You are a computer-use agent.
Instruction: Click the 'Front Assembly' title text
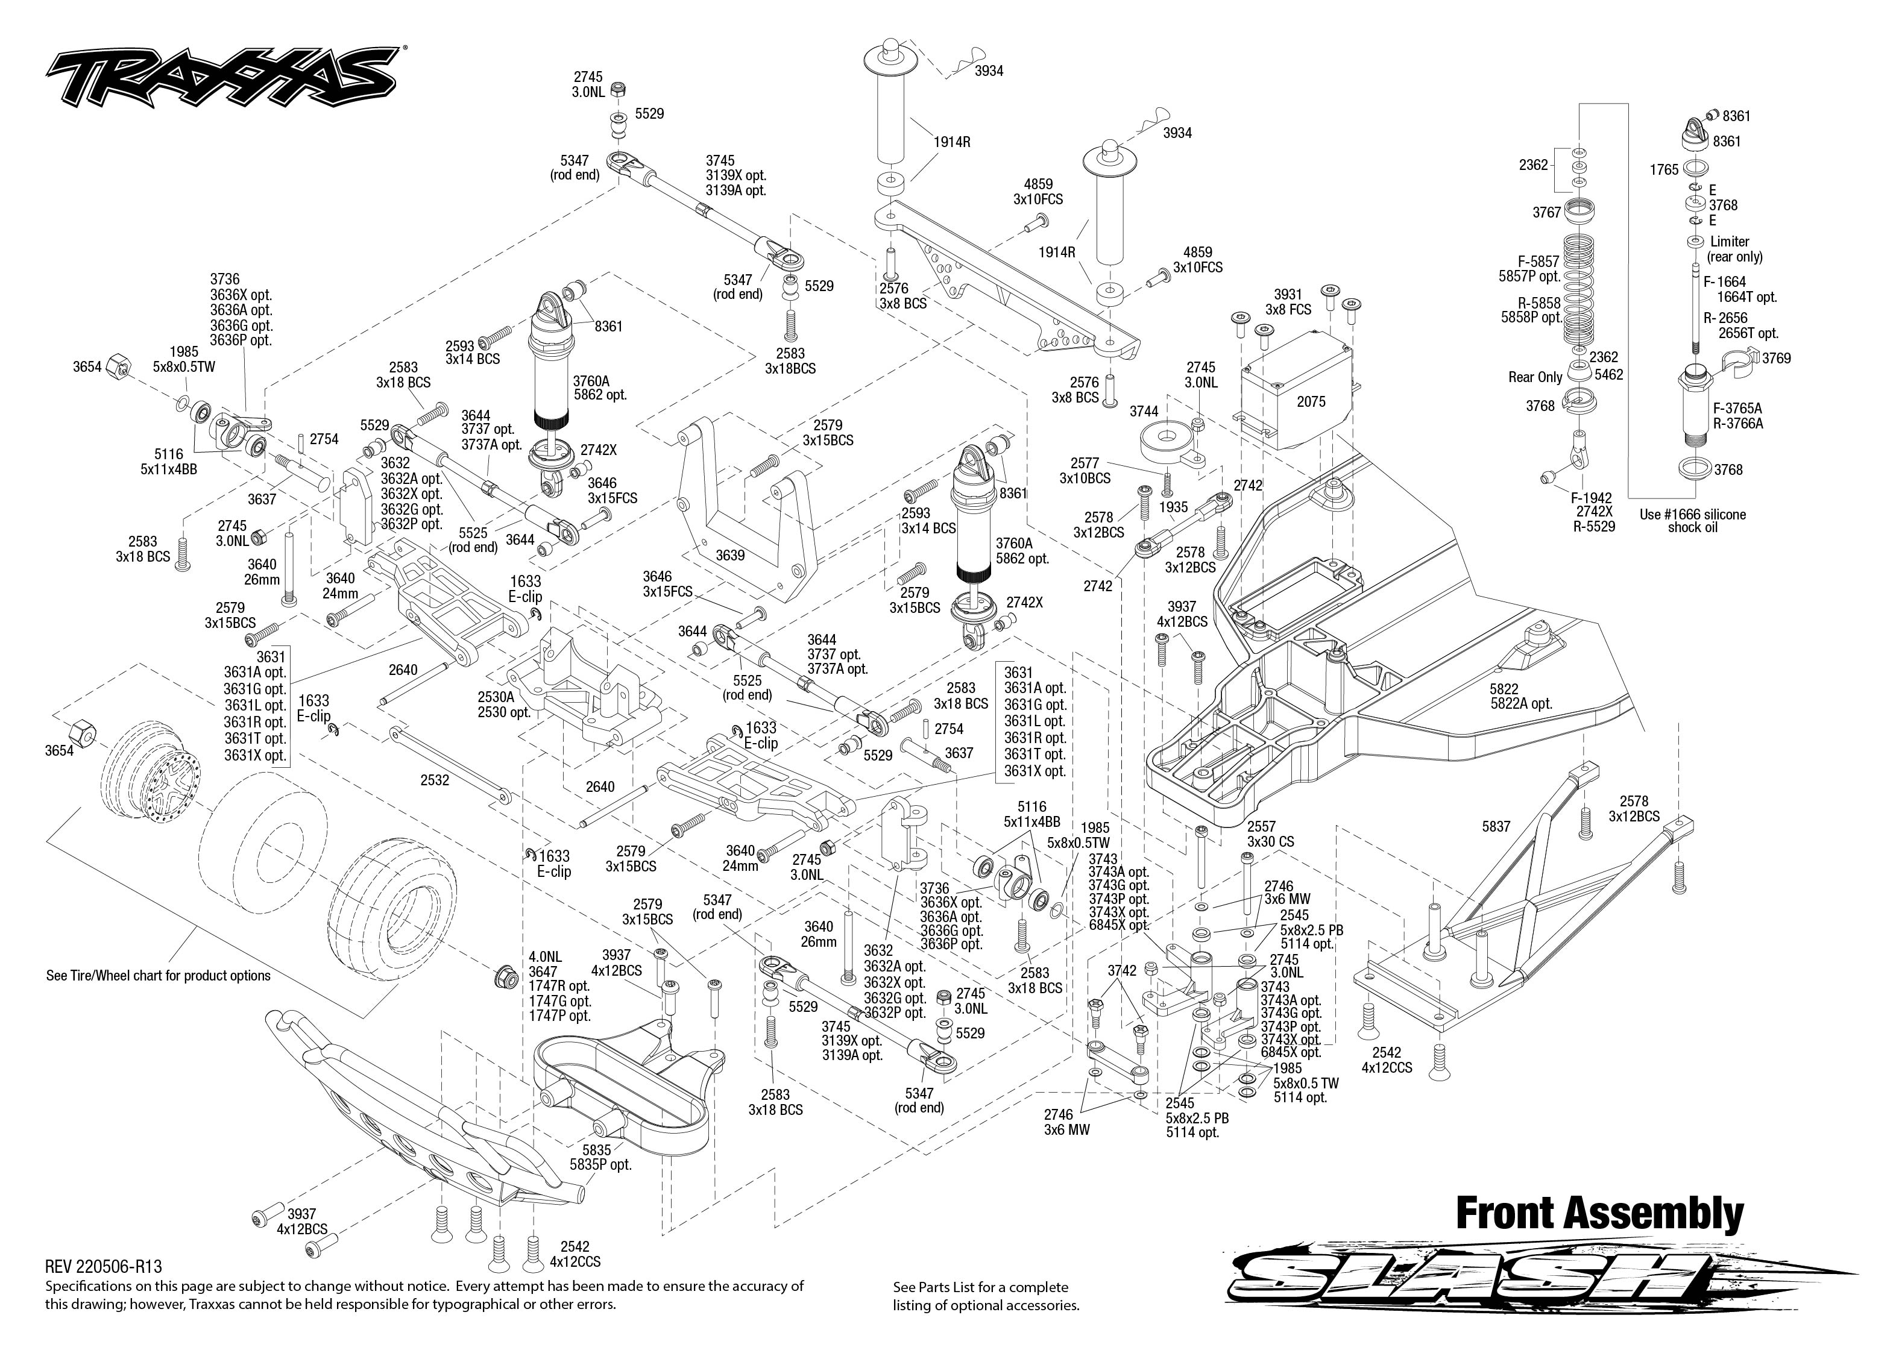click(1599, 1214)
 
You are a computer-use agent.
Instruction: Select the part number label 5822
click(1503, 689)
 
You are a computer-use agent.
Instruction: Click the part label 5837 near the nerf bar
click(1496, 827)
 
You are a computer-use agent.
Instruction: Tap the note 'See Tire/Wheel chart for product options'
click(158, 975)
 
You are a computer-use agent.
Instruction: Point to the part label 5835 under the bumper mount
click(596, 1150)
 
